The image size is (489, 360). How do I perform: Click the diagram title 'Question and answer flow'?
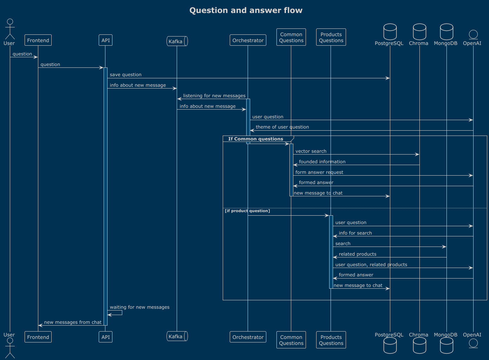click(246, 11)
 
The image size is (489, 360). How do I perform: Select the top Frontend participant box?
click(38, 40)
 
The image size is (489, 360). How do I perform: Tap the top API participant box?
click(105, 40)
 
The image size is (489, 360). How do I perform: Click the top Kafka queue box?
click(177, 41)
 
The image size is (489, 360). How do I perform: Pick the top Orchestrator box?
click(248, 40)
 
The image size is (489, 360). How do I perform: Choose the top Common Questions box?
click(291, 37)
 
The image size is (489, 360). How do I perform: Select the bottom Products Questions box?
click(331, 340)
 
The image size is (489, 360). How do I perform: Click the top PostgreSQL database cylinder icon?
click(390, 32)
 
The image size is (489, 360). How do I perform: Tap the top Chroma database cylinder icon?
click(419, 32)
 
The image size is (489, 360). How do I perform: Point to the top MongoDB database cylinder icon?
click(446, 32)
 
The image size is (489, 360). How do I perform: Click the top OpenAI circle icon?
click(473, 34)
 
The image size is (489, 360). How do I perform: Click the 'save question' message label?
click(125, 75)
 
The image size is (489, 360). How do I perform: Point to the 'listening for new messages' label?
click(214, 96)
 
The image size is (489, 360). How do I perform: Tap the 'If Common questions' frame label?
click(255, 139)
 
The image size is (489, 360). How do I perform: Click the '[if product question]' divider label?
click(247, 211)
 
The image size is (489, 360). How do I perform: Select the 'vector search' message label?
click(311, 151)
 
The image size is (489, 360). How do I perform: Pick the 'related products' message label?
click(358, 254)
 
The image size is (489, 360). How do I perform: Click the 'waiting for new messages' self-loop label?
click(139, 307)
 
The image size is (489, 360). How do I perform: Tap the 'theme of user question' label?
click(282, 127)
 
